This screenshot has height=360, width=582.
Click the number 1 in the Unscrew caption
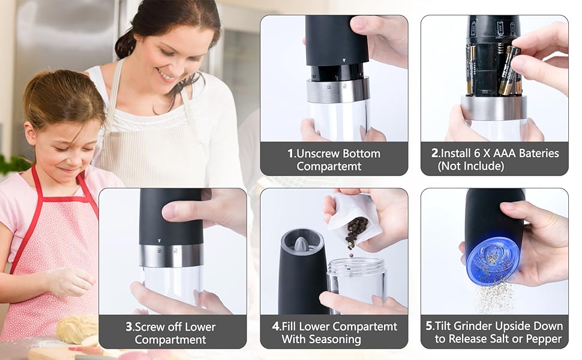(x=290, y=153)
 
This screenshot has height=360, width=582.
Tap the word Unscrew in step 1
(x=317, y=153)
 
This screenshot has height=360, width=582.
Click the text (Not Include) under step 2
(x=470, y=166)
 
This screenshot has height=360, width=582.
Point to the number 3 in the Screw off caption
(x=129, y=326)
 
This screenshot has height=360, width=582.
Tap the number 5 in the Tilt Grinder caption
(x=429, y=326)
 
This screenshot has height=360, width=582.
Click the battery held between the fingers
(x=509, y=71)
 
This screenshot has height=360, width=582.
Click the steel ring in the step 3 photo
(x=171, y=256)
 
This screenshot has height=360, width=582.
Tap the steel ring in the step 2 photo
(x=494, y=107)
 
